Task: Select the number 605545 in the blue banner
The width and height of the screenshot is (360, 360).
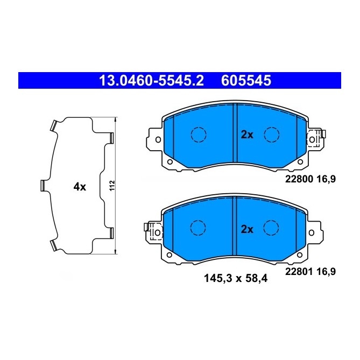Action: coord(245,81)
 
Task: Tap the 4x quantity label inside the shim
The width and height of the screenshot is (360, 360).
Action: coord(80,187)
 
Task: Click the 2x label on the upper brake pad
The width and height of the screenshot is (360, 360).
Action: coord(247,135)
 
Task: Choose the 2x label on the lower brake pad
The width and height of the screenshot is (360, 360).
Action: coord(247,229)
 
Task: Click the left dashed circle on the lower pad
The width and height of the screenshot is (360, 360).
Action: coord(199,228)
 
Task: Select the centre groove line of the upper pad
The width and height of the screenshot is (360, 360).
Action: coord(235,135)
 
